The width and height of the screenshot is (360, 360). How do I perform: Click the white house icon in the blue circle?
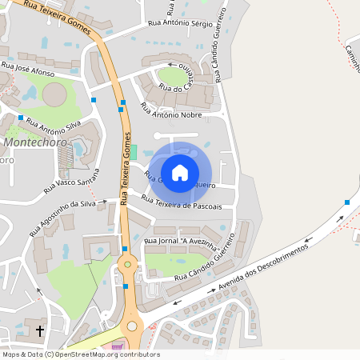coord(180,172)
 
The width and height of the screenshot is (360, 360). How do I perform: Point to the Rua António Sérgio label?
coord(181,23)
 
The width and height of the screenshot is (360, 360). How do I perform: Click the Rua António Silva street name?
coord(54,125)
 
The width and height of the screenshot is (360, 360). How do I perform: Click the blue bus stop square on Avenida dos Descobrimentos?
coord(347,202)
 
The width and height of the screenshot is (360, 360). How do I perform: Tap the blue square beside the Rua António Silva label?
coord(21,118)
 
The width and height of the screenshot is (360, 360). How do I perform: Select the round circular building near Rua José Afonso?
coord(54,95)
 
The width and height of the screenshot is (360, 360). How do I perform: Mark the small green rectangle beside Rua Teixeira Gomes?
coord(134,151)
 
